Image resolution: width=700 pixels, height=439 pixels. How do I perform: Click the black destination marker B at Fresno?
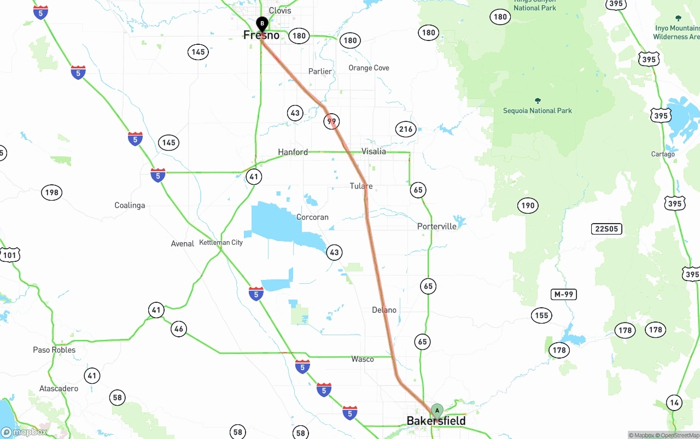pyautogui.click(x=262, y=24)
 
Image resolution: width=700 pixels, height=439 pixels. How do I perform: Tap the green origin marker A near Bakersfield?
pyautogui.click(x=437, y=410)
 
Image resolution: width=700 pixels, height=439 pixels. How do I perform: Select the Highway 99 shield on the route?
pyautogui.click(x=332, y=121)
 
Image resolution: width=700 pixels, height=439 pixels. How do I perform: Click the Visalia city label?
pyautogui.click(x=374, y=151)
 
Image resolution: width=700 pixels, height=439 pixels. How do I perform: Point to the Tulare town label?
pyautogui.click(x=361, y=186)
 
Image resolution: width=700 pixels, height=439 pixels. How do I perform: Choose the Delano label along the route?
pyautogui.click(x=384, y=310)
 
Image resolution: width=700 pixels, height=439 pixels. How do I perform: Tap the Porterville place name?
pyautogui.click(x=436, y=226)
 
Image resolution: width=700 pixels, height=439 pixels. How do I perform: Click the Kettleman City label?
pyautogui.click(x=221, y=242)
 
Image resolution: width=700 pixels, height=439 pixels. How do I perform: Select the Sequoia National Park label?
pyautogui.click(x=537, y=110)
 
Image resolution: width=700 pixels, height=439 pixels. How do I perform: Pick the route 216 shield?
pyautogui.click(x=406, y=130)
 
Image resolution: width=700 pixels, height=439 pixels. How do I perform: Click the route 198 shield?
pyautogui.click(x=51, y=192)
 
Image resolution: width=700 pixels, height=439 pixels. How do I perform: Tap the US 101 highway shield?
pyautogui.click(x=10, y=255)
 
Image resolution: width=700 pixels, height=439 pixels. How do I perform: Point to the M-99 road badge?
pyautogui.click(x=563, y=295)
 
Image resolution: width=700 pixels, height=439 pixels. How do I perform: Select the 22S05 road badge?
pyautogui.click(x=606, y=229)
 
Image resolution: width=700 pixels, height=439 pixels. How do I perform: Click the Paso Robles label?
pyautogui.click(x=54, y=350)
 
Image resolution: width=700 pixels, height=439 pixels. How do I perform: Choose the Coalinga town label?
pyautogui.click(x=130, y=206)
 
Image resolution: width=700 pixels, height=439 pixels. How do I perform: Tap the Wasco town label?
pyautogui.click(x=363, y=359)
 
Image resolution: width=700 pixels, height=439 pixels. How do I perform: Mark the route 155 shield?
pyautogui.click(x=541, y=315)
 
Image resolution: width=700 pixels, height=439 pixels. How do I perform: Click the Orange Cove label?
pyautogui.click(x=369, y=68)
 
